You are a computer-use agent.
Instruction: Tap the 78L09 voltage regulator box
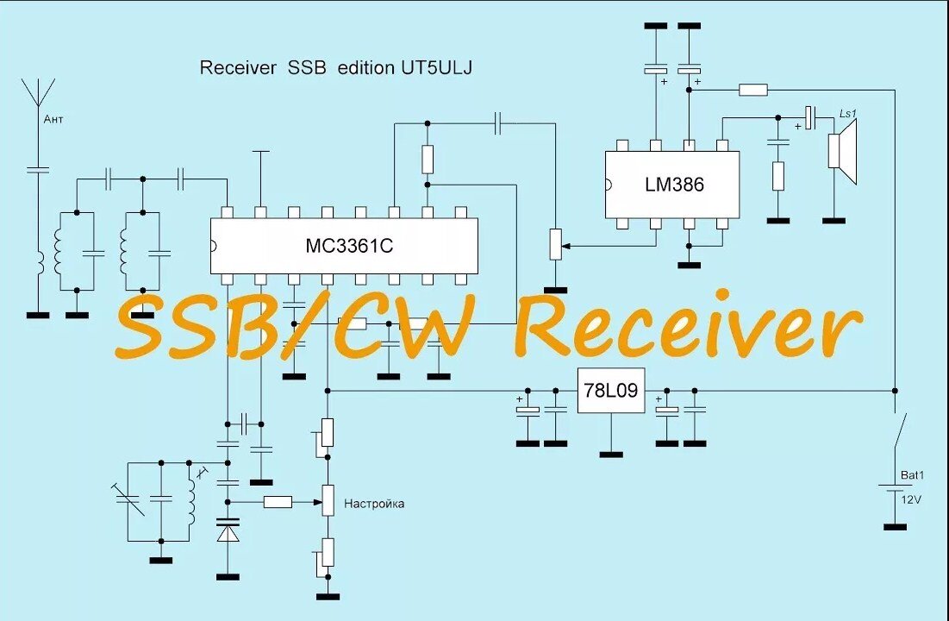click(x=610, y=391)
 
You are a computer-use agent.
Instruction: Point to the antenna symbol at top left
click(x=37, y=91)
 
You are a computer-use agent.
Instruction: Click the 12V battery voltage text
click(x=910, y=499)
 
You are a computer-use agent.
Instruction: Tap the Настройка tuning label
click(x=373, y=504)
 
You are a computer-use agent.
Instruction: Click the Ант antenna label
click(x=53, y=118)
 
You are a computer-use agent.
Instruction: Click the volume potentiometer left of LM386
click(x=556, y=244)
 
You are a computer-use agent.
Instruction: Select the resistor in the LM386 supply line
click(x=754, y=89)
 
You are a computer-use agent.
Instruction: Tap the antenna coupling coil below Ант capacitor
click(x=38, y=263)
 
